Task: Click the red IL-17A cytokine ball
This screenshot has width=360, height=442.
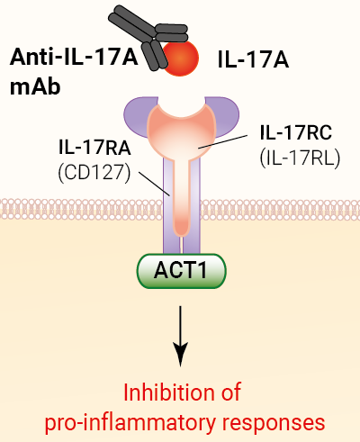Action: coord(180,58)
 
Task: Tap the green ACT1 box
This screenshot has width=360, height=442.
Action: coord(181,271)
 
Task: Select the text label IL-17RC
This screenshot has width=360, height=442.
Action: coord(296,132)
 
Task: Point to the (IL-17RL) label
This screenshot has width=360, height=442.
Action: coord(300,158)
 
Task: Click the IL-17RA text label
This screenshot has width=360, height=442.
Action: coord(94,148)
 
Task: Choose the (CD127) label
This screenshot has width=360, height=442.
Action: coord(94,173)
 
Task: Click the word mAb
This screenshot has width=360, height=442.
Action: coord(35,87)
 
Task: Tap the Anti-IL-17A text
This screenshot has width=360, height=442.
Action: coord(74,58)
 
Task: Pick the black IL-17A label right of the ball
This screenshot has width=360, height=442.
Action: coord(253,59)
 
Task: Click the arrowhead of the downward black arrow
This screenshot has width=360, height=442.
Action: coord(180,354)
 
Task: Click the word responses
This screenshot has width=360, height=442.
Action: coord(274,423)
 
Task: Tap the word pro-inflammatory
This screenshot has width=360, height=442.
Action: coord(130,423)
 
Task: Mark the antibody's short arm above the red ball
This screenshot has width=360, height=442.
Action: coord(172,33)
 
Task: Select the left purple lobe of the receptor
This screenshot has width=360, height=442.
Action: coord(137,115)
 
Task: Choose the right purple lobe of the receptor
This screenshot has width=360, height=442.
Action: coord(225,115)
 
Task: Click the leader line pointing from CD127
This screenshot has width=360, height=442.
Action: coord(155,184)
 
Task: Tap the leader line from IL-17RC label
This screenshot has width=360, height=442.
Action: coord(222,141)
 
